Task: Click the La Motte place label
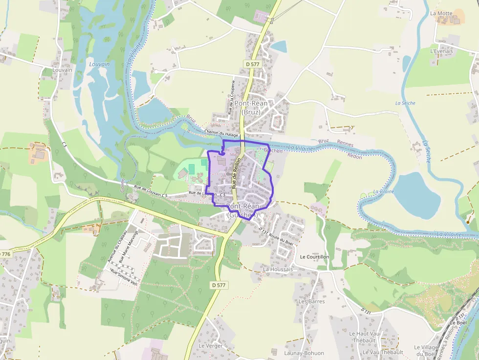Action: tap(441, 13)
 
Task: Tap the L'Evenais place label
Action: tap(441, 51)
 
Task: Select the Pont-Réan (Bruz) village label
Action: tap(250, 107)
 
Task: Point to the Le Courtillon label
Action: tap(314, 257)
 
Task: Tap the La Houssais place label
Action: tap(278, 269)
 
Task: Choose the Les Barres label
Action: tap(311, 301)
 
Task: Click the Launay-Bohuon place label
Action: tap(304, 353)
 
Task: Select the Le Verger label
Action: tap(211, 346)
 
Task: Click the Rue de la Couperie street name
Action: tap(232, 97)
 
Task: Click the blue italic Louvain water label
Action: tap(99, 64)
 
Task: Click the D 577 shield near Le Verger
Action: tap(219, 285)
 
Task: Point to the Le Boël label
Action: tap(458, 322)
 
